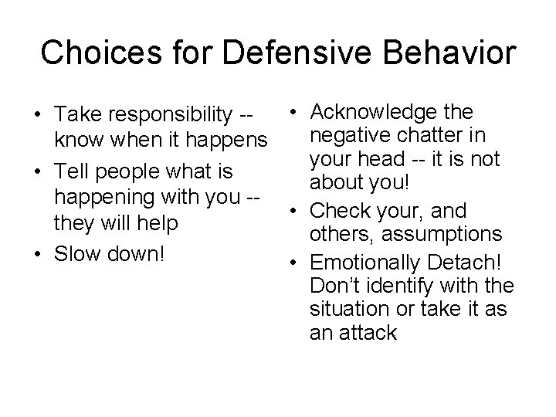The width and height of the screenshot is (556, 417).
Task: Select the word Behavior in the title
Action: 446,53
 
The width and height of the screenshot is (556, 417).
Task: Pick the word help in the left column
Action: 158,224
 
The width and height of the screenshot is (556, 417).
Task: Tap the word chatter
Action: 425,137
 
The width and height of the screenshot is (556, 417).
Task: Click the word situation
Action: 347,309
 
